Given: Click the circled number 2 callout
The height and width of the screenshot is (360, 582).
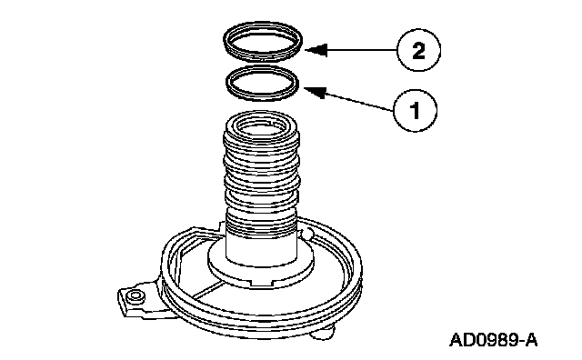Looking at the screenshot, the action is pyautogui.click(x=418, y=50).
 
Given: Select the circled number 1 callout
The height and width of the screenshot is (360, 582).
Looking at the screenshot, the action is pyautogui.click(x=415, y=110).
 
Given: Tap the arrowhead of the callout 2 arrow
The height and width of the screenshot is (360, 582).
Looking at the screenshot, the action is pyautogui.click(x=316, y=50).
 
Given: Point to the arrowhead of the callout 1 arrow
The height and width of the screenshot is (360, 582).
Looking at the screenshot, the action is pyautogui.click(x=315, y=92).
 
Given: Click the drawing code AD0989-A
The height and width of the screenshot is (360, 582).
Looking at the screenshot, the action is pyautogui.click(x=493, y=340).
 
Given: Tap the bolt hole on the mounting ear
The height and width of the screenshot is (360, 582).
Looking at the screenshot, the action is pyautogui.click(x=135, y=296).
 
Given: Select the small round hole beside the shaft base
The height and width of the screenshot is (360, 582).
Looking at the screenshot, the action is pyautogui.click(x=307, y=235).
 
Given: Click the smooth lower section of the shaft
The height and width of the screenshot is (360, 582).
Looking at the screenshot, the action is pyautogui.click(x=261, y=249).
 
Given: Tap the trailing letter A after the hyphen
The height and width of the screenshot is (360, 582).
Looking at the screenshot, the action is pyautogui.click(x=531, y=340).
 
